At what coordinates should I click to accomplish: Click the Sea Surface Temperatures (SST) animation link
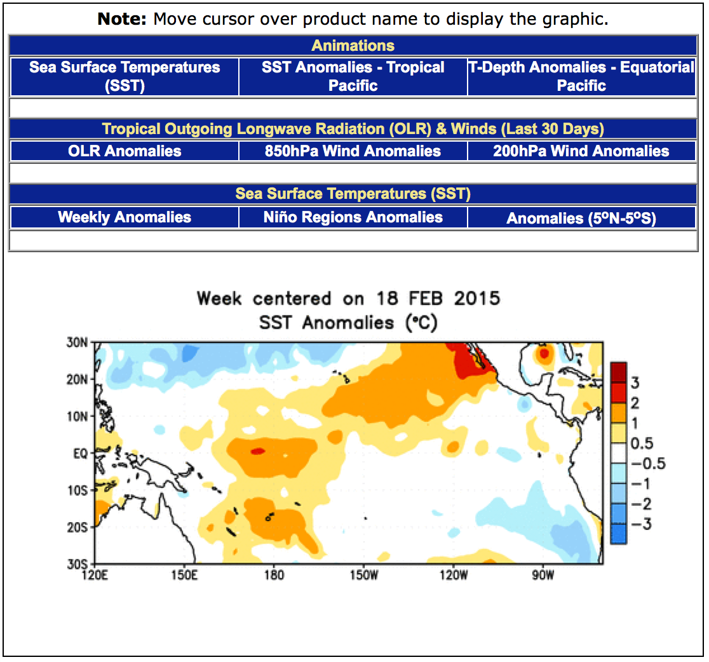pyautogui.click(x=125, y=76)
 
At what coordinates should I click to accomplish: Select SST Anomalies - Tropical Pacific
pyautogui.click(x=353, y=76)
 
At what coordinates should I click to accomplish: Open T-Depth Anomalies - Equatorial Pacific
pyautogui.click(x=582, y=76)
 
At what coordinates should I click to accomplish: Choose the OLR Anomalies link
pyautogui.click(x=125, y=151)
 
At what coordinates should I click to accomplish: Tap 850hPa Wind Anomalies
pyautogui.click(x=353, y=151)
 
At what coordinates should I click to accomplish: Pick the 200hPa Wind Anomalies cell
pyautogui.click(x=581, y=151)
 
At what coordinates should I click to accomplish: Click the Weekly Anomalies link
pyautogui.click(x=125, y=217)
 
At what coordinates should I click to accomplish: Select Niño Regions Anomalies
pyautogui.click(x=353, y=217)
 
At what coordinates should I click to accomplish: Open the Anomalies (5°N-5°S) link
pyautogui.click(x=581, y=219)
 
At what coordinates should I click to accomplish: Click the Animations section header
pyautogui.click(x=353, y=46)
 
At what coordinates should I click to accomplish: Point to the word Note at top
pyautogui.click(x=122, y=19)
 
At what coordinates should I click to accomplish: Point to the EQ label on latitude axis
pyautogui.click(x=79, y=454)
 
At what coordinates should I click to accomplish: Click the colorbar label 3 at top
pyautogui.click(x=635, y=382)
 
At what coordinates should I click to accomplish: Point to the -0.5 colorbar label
pyautogui.click(x=647, y=463)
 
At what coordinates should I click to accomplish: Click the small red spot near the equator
pyautogui.click(x=257, y=451)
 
